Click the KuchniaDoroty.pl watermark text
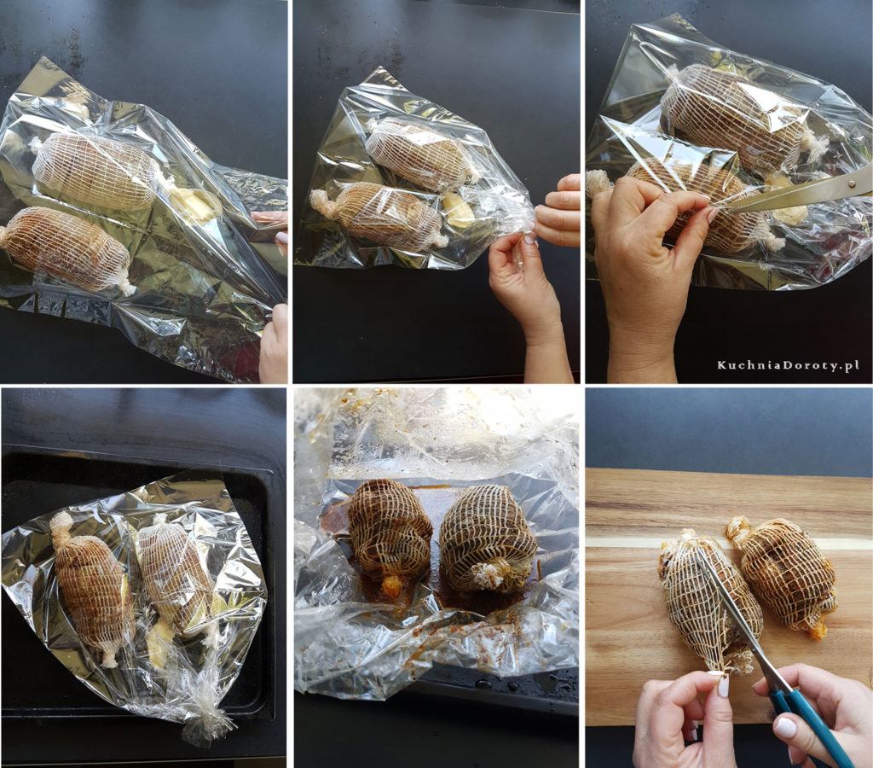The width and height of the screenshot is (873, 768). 788,365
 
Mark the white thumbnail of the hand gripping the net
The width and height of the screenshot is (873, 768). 723,686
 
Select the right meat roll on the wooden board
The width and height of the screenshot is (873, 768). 783,574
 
